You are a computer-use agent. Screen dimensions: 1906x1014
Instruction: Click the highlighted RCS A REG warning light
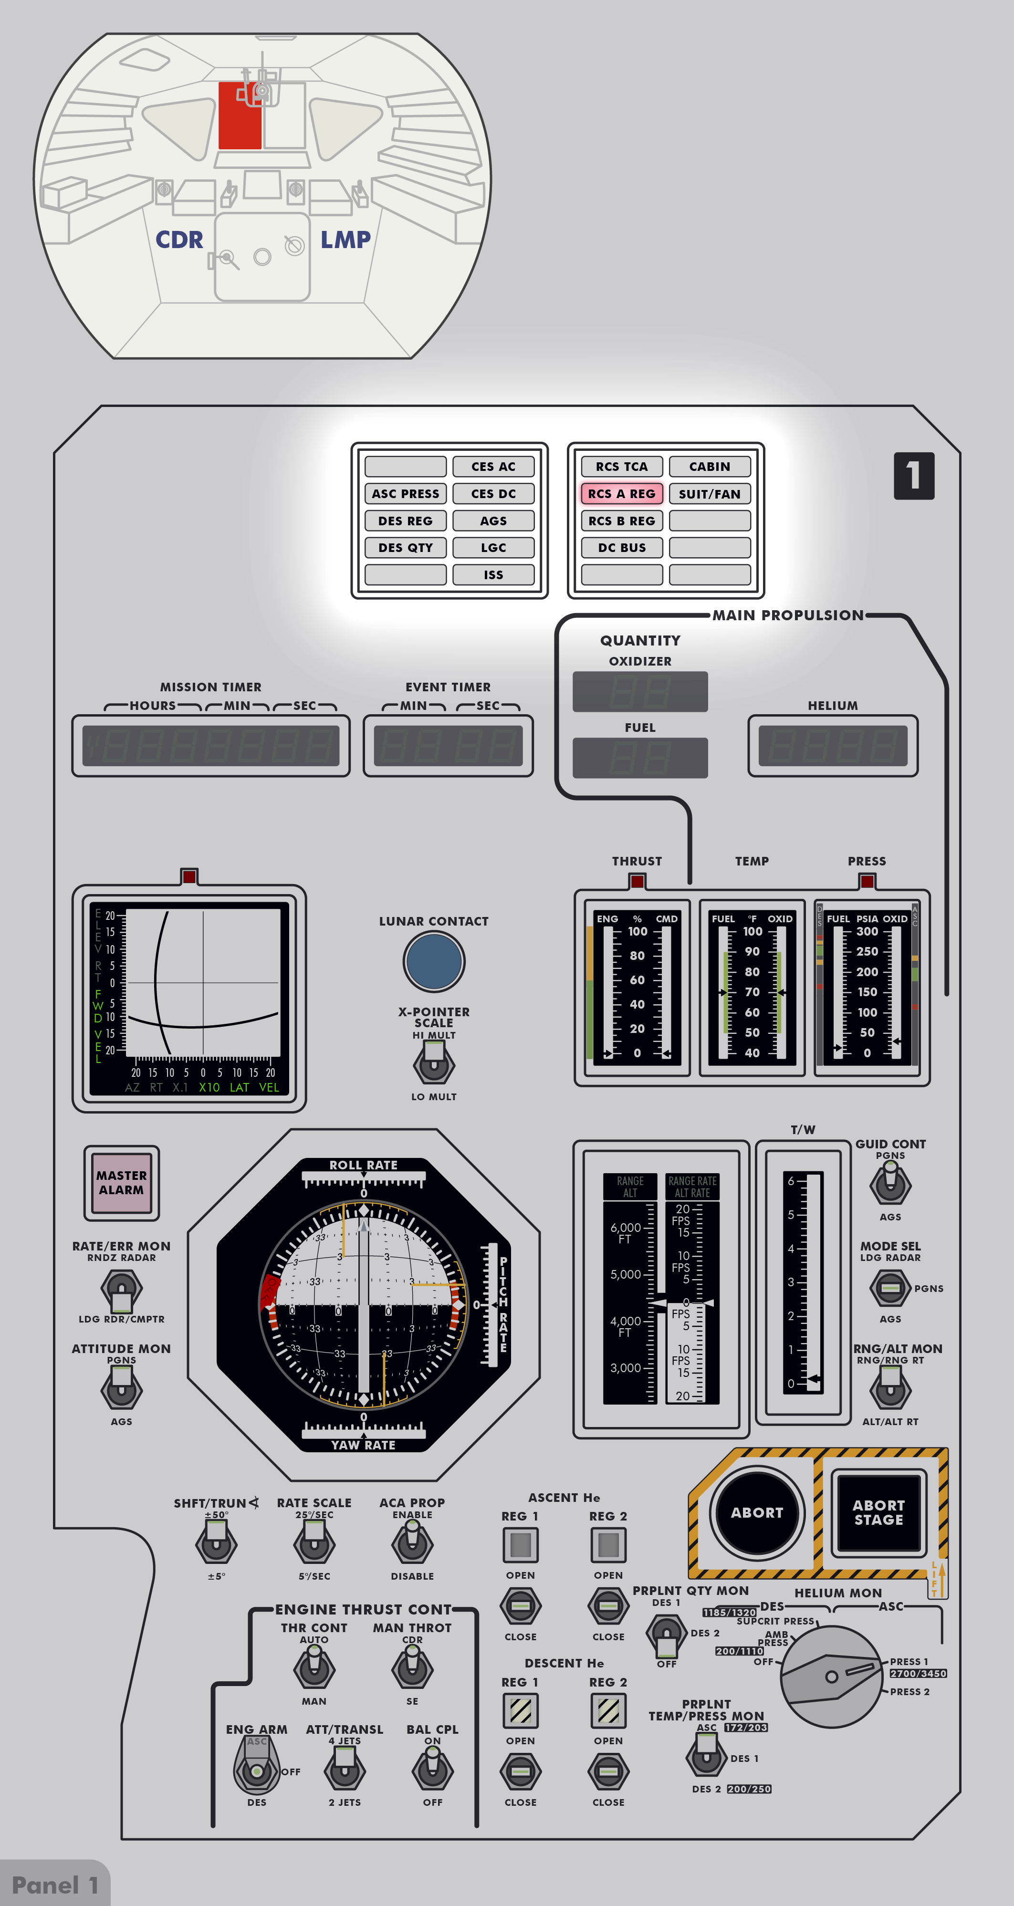[x=622, y=493]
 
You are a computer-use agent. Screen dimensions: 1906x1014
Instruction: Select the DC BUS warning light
[x=622, y=548]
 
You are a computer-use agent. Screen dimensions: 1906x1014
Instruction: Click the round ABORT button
[x=756, y=1512]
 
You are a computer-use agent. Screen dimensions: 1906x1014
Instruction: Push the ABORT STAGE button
[x=878, y=1512]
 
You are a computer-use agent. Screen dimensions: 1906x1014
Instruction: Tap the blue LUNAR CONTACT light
[x=434, y=961]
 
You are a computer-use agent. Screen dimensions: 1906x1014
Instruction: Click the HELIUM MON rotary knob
[x=831, y=1677]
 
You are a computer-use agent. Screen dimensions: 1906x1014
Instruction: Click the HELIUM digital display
[x=833, y=746]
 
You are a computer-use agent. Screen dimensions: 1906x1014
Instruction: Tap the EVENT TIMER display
[x=448, y=746]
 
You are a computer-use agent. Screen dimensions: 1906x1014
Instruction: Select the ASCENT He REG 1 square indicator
[x=520, y=1544]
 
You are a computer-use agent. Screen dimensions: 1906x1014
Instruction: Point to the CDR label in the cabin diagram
[x=179, y=240]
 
